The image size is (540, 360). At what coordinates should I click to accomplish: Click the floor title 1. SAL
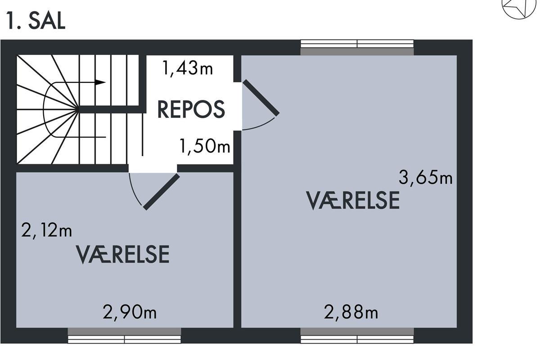click(36, 21)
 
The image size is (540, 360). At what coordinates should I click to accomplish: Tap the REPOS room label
click(191, 110)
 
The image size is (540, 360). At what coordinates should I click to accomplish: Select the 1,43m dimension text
click(188, 68)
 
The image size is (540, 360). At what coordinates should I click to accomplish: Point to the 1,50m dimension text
click(205, 147)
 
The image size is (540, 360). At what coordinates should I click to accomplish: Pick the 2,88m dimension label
click(351, 312)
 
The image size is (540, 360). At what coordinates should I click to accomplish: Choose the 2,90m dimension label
click(130, 312)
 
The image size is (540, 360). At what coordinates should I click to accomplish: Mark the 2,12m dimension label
click(46, 230)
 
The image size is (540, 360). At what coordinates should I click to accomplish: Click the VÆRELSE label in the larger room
click(353, 200)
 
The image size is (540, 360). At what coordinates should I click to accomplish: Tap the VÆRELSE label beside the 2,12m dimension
click(123, 254)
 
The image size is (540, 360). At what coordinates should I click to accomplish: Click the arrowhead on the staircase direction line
click(100, 82)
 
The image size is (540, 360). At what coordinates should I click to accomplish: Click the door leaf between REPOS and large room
click(261, 98)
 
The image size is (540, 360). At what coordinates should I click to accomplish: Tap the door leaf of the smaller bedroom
click(162, 192)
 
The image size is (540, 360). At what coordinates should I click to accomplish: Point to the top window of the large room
click(357, 47)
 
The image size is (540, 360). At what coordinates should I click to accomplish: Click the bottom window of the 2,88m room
click(357, 335)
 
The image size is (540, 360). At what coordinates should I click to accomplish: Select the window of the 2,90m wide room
click(124, 335)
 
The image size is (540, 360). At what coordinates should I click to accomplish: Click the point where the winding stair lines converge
click(78, 109)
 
